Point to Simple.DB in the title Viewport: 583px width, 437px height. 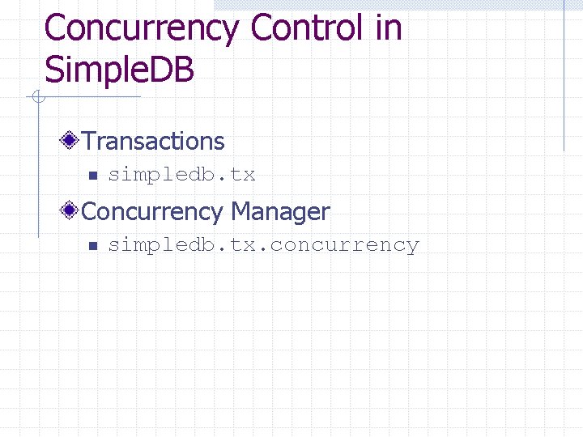tap(119, 70)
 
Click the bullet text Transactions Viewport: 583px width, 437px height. tap(153, 141)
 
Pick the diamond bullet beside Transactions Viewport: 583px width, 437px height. tap(70, 141)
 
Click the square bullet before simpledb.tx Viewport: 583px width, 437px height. tap(92, 175)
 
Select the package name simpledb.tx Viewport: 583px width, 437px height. tap(181, 174)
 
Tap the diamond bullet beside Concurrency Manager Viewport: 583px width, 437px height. tap(70, 211)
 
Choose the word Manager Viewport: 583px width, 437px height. tap(280, 212)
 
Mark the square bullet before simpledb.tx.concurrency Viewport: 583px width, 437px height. tap(92, 245)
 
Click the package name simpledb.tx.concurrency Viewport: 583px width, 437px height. tap(263, 245)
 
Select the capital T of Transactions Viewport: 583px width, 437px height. tap(88, 141)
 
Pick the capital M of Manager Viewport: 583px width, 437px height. tap(240, 212)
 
